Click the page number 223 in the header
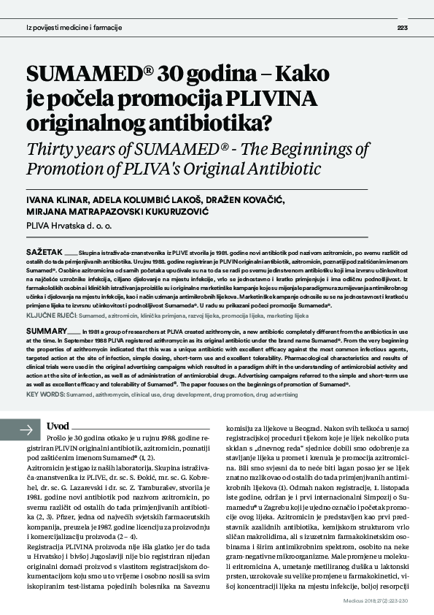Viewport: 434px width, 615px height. [x=402, y=28]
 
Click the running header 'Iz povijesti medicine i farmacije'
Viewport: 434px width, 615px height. [x=74, y=28]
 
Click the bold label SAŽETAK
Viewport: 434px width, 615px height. [x=42, y=250]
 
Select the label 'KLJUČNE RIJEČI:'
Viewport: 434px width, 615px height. [x=51, y=316]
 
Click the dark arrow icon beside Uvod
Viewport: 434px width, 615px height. [x=28, y=429]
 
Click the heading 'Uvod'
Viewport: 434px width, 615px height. [x=58, y=427]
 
